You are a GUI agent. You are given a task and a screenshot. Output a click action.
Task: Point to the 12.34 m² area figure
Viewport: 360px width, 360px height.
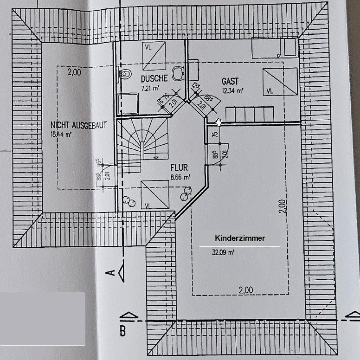232,91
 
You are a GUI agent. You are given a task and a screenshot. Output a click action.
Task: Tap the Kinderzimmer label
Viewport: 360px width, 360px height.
240,238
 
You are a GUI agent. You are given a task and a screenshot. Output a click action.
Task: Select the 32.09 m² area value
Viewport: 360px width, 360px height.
223,253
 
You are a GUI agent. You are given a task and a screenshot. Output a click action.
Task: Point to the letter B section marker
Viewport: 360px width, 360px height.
122,331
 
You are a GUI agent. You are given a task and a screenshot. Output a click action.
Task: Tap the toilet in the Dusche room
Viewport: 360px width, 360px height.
124,73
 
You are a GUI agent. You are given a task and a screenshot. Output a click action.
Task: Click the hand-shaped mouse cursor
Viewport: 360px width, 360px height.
219,122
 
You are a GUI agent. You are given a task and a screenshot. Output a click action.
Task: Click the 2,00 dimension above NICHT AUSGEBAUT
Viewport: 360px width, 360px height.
74,72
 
